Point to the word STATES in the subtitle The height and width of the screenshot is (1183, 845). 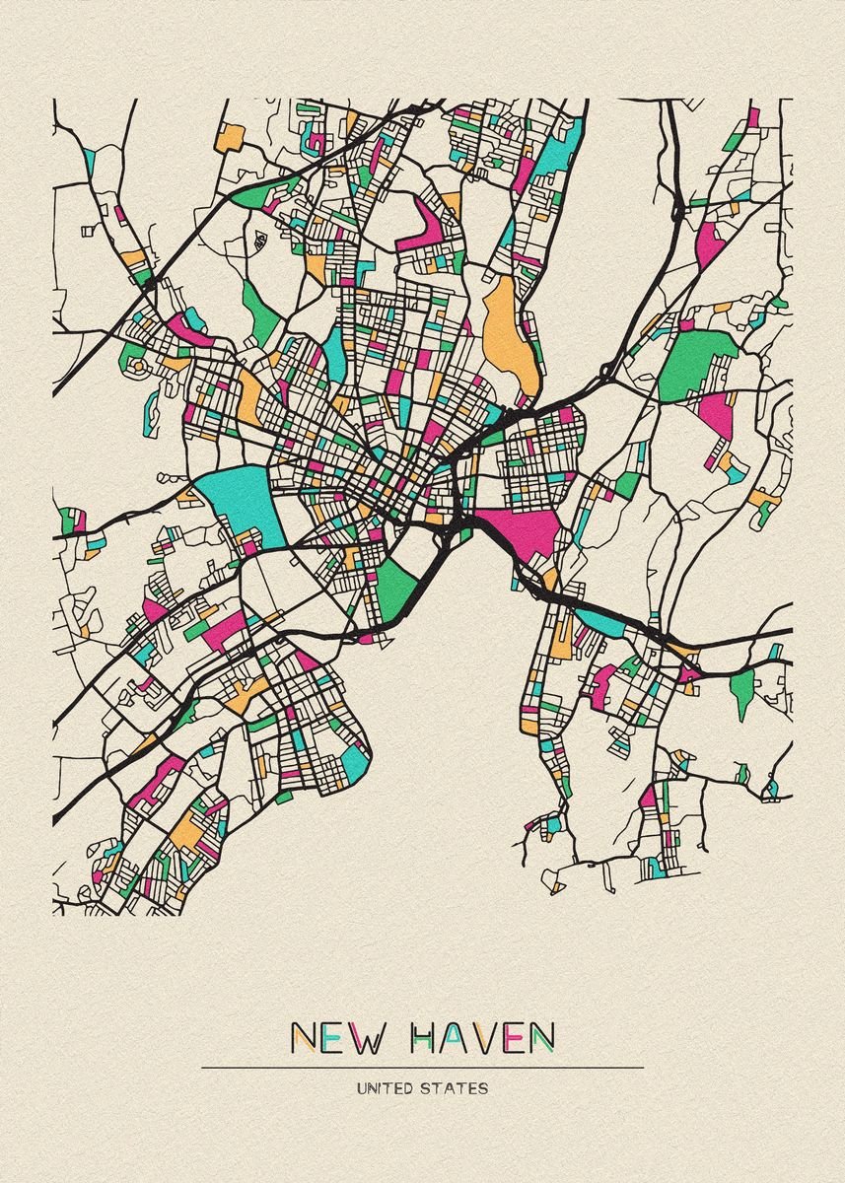tap(455, 1089)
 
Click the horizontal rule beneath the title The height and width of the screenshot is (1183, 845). tap(422, 1068)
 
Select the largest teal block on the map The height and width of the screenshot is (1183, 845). tap(241, 501)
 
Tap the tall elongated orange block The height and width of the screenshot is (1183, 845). tap(505, 330)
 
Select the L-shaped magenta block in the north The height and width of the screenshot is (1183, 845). tap(431, 222)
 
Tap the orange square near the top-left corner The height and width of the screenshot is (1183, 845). tap(230, 136)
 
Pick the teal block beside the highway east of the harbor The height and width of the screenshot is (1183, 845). tap(598, 620)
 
